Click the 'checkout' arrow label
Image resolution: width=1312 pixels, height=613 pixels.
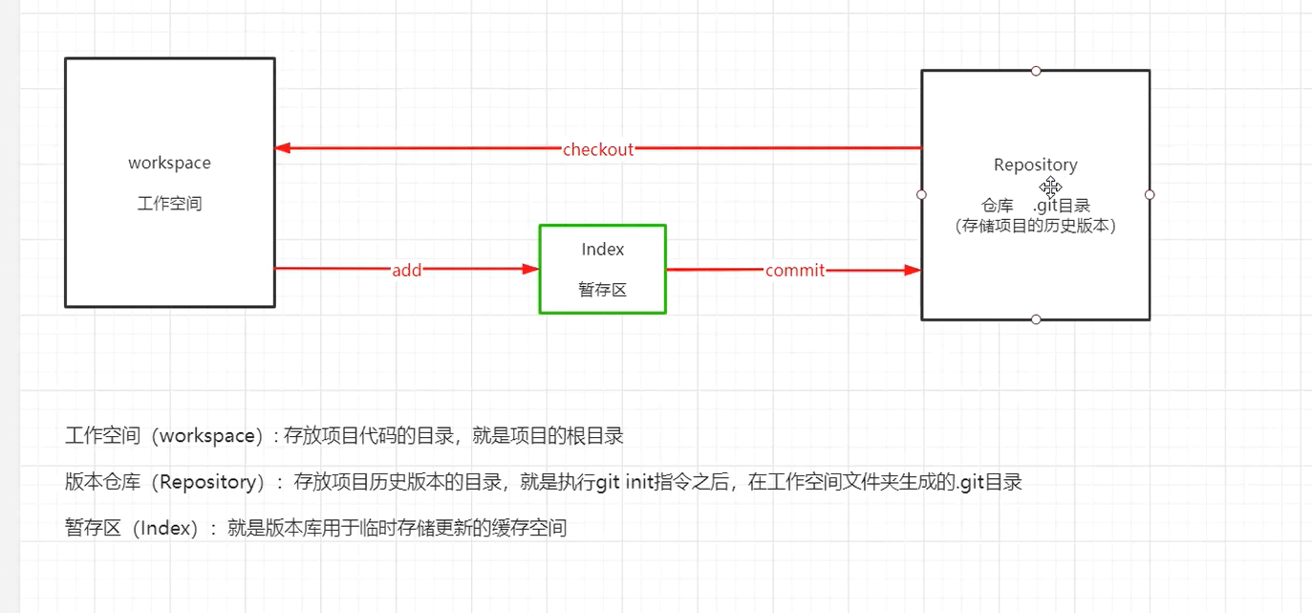[x=598, y=149]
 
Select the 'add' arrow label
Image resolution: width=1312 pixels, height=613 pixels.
[x=406, y=271]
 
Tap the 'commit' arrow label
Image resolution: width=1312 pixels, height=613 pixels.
[x=795, y=271]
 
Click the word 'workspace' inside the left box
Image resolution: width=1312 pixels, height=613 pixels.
[x=169, y=163]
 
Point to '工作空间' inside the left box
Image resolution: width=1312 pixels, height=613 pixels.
[x=169, y=204]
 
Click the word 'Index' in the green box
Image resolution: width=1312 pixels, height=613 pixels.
[x=602, y=250]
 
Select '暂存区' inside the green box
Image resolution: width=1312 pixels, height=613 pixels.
[x=602, y=290]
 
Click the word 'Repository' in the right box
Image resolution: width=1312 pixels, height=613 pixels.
[x=1035, y=164]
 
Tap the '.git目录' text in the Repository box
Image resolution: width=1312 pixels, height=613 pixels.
[x=1061, y=206]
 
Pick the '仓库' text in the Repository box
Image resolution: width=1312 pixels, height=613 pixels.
[x=997, y=206]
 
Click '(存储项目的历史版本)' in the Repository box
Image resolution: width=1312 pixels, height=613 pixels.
[x=1035, y=227]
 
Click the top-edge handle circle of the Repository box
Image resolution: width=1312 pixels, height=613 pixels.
[x=1036, y=71]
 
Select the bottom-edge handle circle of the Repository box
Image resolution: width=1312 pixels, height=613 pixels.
[x=1036, y=319]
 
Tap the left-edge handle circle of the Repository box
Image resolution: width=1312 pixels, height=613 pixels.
[x=921, y=194]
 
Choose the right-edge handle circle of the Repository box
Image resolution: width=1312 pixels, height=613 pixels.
[x=1150, y=194]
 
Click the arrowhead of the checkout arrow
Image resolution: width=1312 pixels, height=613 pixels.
[x=283, y=148]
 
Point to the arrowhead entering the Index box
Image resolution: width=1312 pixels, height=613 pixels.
[x=530, y=270]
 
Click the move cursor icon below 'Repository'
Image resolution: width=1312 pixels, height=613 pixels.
[x=1051, y=186]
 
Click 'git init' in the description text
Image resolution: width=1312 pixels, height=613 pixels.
[x=622, y=482]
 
